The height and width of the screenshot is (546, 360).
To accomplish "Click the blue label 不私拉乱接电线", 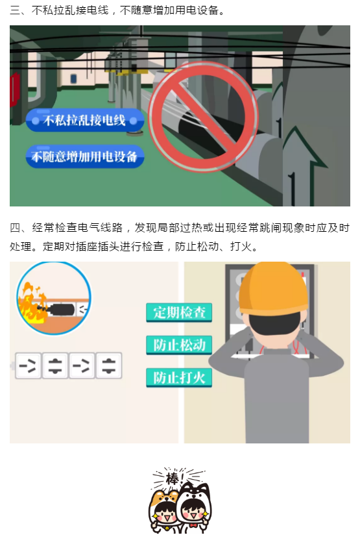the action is (85, 121).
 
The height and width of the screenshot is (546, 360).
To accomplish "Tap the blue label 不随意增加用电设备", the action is (85, 156).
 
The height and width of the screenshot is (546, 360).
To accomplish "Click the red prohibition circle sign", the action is (204, 117).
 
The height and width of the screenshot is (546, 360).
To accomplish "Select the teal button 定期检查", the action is (179, 312).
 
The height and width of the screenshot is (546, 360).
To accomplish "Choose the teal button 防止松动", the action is (179, 345).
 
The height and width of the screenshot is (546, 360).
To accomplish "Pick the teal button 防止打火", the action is (179, 378).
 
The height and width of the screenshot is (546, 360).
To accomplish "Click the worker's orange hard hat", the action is (273, 289).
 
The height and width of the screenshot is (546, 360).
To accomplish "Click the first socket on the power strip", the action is (28, 366).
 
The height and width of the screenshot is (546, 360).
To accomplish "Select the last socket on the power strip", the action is (109, 366).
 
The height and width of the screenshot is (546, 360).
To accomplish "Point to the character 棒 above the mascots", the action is (173, 478).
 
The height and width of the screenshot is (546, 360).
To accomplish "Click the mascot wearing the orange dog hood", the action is (164, 511).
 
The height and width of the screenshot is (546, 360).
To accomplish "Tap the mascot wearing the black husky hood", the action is (193, 508).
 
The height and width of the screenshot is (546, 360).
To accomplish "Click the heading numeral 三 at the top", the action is (15, 10).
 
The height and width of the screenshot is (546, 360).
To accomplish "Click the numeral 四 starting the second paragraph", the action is (15, 228).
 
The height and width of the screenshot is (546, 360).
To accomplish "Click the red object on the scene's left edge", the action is (13, 89).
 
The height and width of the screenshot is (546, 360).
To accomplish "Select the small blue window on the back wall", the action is (73, 79).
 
